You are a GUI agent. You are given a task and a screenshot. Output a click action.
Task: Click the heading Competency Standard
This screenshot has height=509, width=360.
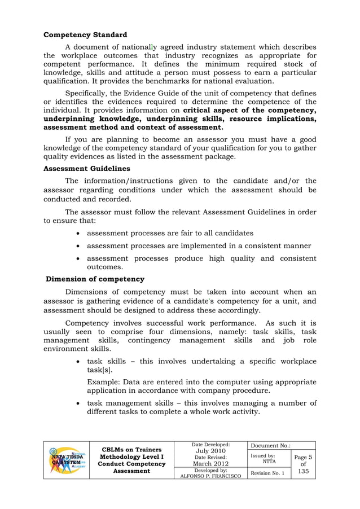(x=85, y=35)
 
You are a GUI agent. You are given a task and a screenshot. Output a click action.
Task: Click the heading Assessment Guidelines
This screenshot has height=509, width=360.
(x=87, y=168)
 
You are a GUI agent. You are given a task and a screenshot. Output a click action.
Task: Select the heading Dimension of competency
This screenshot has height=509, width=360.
(x=95, y=279)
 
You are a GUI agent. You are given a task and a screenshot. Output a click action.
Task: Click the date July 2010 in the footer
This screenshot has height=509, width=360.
(x=210, y=452)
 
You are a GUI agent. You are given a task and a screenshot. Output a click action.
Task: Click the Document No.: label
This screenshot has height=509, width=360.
(x=269, y=445)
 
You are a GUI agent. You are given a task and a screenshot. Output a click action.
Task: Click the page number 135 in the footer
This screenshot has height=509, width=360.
(x=302, y=470)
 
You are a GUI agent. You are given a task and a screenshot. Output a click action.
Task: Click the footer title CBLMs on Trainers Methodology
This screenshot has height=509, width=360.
(x=130, y=449)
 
